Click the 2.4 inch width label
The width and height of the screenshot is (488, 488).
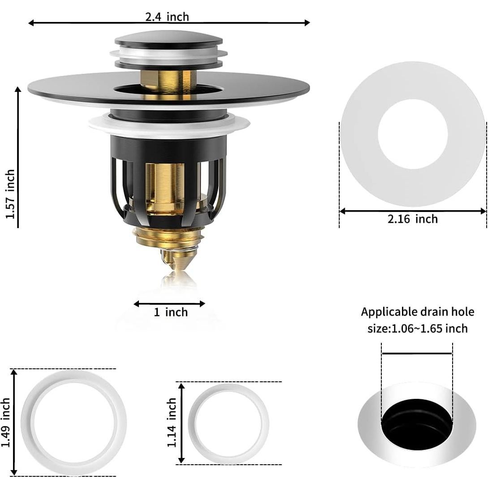click(x=167, y=17)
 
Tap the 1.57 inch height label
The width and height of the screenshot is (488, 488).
click(x=10, y=194)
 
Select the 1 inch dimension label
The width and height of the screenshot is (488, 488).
click(x=171, y=312)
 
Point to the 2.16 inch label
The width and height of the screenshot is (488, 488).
click(x=413, y=219)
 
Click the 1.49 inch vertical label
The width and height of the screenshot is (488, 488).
click(x=6, y=422)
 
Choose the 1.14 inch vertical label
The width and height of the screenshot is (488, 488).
click(x=172, y=422)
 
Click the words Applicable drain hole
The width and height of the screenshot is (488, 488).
click(x=418, y=311)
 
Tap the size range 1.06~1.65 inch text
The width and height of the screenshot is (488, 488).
click(x=418, y=328)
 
